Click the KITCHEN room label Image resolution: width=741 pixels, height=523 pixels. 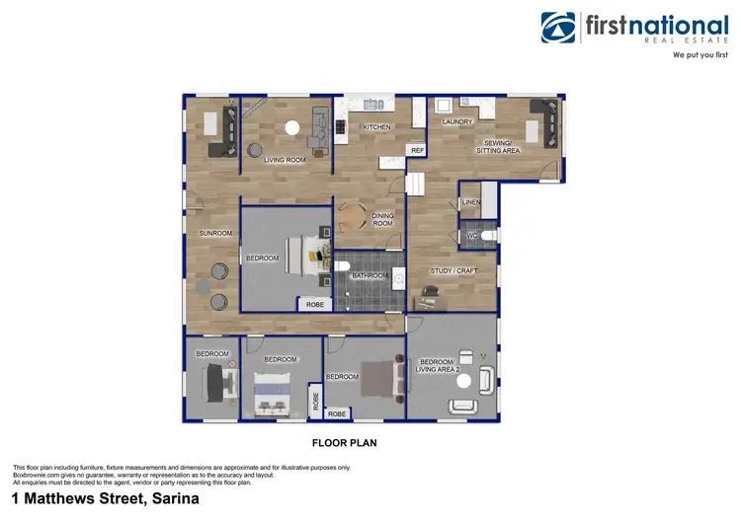click(x=376, y=127)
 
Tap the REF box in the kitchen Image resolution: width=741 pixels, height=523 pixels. click(x=417, y=150)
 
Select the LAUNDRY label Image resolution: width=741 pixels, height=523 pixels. click(x=457, y=121)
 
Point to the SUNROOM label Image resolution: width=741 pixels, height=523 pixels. click(x=214, y=233)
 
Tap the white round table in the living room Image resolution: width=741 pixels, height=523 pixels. click(x=291, y=126)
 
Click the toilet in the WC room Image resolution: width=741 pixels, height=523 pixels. click(x=487, y=235)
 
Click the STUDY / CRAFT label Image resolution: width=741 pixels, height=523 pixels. click(x=453, y=269)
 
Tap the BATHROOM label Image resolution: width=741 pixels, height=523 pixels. click(x=370, y=276)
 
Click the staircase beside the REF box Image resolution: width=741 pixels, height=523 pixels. click(x=415, y=183)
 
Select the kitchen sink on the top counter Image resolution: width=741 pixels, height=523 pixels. click(x=371, y=104)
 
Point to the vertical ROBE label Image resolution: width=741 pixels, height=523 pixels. click(x=315, y=401)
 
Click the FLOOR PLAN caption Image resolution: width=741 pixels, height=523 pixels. click(x=344, y=443)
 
